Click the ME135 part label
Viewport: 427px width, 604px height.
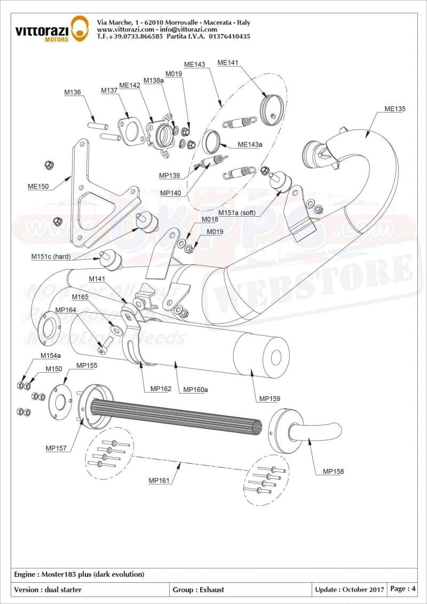tap(395, 109)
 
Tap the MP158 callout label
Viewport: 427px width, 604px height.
tap(333, 472)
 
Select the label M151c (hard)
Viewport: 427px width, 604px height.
tap(51, 257)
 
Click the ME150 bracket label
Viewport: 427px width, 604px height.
tap(38, 186)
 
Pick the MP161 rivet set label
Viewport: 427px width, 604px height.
tap(159, 481)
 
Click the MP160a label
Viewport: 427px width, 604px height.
tap(195, 390)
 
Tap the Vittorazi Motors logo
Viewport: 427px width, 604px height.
tap(51, 28)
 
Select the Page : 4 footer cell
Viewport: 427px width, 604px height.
tap(403, 589)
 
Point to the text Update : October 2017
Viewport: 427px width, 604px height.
tap(349, 590)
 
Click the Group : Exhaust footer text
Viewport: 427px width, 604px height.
tap(198, 590)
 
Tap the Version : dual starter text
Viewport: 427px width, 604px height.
tap(48, 590)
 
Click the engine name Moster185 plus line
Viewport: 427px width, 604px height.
tap(79, 575)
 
